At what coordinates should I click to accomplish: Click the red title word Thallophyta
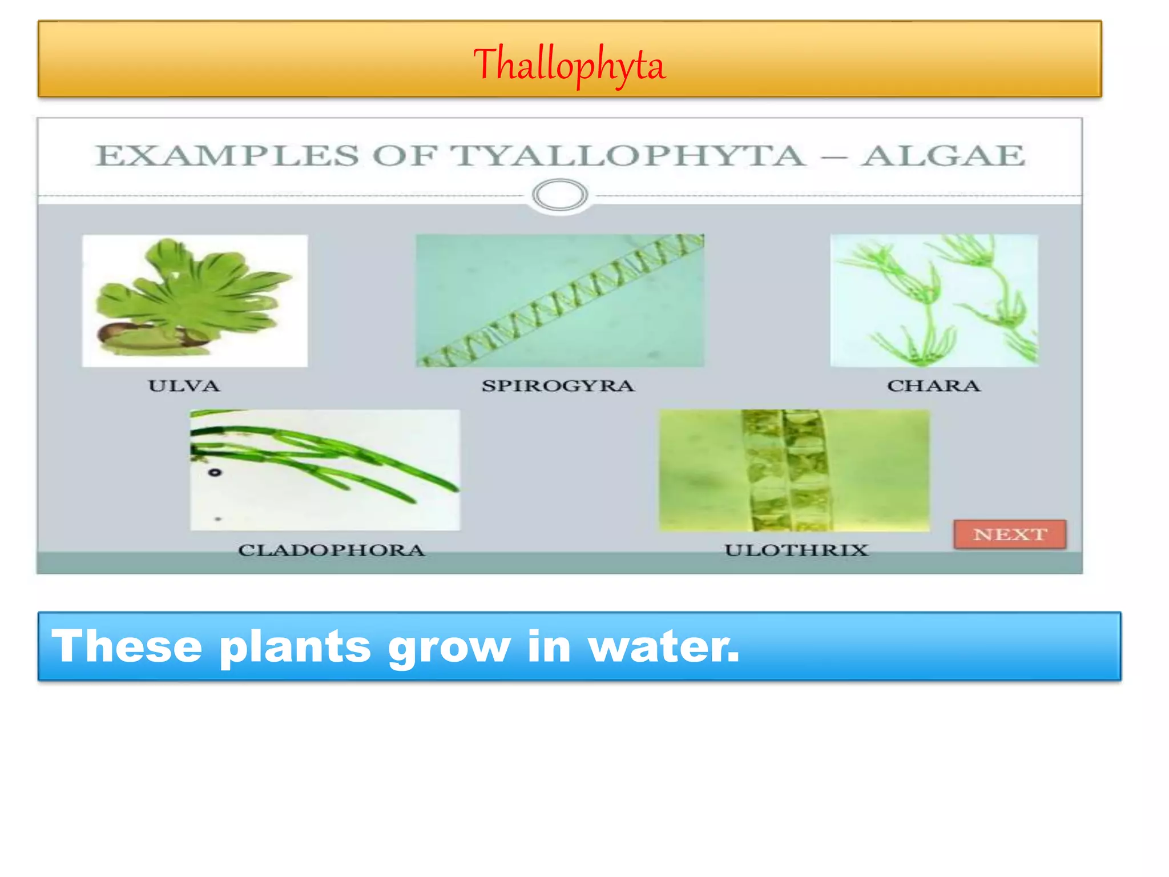[569, 65]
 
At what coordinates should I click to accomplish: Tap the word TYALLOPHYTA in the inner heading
[628, 156]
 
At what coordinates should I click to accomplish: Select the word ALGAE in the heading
[943, 156]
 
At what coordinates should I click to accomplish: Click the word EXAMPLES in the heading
[227, 156]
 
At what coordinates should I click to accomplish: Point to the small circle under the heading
[559, 195]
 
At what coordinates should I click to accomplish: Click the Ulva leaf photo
[195, 300]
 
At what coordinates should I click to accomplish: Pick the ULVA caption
[184, 386]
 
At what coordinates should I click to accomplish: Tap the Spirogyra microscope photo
[559, 300]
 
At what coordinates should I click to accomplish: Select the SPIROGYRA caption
[558, 386]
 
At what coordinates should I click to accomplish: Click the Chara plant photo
[934, 300]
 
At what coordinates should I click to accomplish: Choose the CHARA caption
[933, 386]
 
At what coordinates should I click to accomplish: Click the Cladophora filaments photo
[325, 469]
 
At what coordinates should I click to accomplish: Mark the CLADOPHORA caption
[331, 550]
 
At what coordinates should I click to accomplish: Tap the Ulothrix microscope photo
[794, 470]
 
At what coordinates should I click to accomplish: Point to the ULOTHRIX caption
[796, 550]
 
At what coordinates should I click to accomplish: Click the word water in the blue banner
[663, 646]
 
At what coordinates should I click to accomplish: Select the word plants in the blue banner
[295, 646]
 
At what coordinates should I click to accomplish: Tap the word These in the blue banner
[127, 646]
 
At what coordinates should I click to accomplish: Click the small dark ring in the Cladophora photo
[215, 472]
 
